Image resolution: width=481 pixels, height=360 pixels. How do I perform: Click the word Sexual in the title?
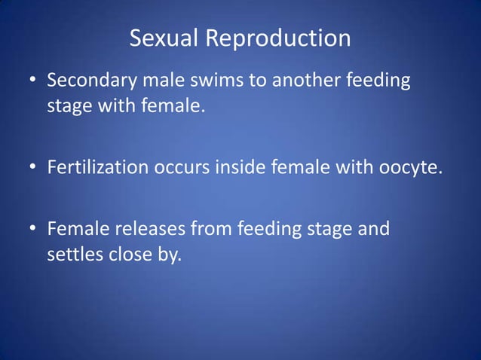159,38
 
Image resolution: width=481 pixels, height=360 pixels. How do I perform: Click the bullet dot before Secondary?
34,80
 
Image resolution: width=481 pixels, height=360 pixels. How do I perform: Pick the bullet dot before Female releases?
34,228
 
